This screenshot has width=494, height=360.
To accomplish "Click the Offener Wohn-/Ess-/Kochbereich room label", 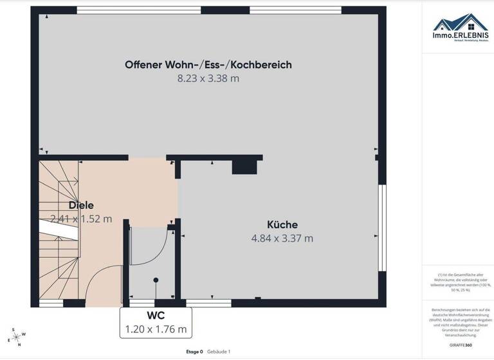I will (x=208, y=65).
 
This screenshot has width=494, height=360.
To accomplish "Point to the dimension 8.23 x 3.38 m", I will (x=208, y=78).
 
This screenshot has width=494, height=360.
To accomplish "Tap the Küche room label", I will (x=282, y=224).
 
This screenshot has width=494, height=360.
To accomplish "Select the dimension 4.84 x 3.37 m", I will (x=282, y=238).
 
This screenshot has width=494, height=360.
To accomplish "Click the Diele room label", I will (x=81, y=205).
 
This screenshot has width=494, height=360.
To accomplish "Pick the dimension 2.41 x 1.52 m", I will (x=81, y=219).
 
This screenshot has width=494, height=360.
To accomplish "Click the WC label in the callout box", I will (x=156, y=316).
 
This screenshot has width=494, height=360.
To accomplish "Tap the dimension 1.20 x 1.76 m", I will (x=156, y=329).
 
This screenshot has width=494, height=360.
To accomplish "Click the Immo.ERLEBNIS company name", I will (x=460, y=35).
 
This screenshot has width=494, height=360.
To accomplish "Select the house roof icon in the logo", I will (x=460, y=22).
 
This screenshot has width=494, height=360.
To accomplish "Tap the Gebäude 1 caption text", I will (x=219, y=352).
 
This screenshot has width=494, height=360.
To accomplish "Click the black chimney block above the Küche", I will (x=244, y=166).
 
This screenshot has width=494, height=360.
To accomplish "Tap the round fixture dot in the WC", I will (x=156, y=280).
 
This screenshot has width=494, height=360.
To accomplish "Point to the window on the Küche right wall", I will (x=382, y=230).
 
